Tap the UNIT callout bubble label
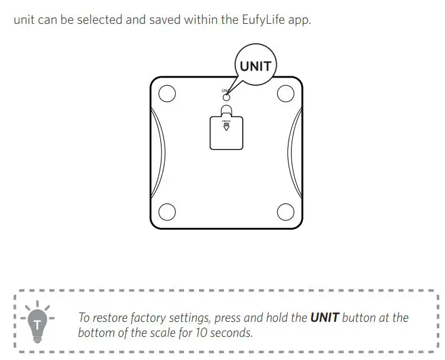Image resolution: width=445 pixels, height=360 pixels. tap(255, 66)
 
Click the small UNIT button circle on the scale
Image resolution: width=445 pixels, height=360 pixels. tap(227, 96)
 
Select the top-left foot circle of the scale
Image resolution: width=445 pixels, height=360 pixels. tap(167, 94)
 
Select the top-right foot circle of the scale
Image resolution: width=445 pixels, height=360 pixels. tap(285, 94)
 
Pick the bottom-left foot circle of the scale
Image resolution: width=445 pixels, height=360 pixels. tap(167, 212)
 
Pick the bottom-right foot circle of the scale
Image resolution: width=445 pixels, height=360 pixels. tap(285, 212)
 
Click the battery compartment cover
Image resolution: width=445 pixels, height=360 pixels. tap(226, 132)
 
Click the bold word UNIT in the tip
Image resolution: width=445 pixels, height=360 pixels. tap(324, 317)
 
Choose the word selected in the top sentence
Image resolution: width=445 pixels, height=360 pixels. tap(103, 20)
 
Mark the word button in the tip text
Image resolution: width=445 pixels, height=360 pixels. tap(361, 317)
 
